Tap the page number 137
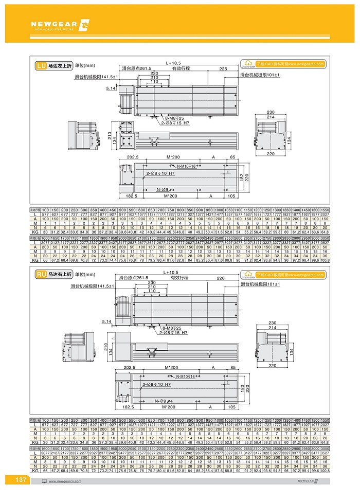pos(22,480)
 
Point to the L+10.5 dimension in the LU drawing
pos(173,63)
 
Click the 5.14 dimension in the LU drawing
pos(111,88)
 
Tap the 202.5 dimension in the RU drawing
pos(133,368)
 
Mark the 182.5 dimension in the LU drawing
pos(132,196)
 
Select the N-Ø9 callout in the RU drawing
pos(164,400)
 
